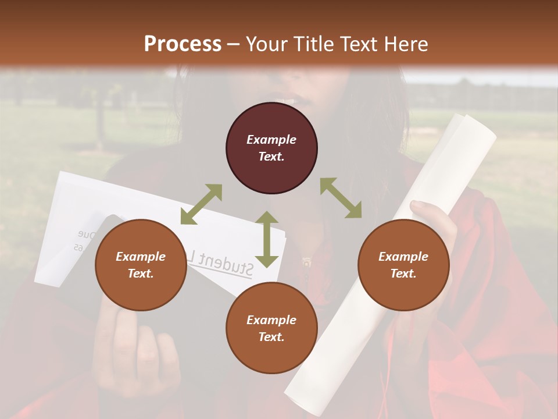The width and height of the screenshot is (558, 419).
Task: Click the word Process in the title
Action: (183, 44)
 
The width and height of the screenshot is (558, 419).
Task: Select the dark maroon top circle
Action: (271, 148)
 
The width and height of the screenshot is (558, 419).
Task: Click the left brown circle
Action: (141, 265)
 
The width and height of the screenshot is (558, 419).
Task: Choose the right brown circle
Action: (403, 265)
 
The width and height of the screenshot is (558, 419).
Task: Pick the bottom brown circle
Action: (271, 328)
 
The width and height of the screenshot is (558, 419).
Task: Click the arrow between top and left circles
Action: (201, 204)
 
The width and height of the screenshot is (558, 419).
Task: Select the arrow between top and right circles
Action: (341, 198)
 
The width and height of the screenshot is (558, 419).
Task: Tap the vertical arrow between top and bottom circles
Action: (267, 239)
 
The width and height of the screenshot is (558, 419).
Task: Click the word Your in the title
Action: (266, 44)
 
